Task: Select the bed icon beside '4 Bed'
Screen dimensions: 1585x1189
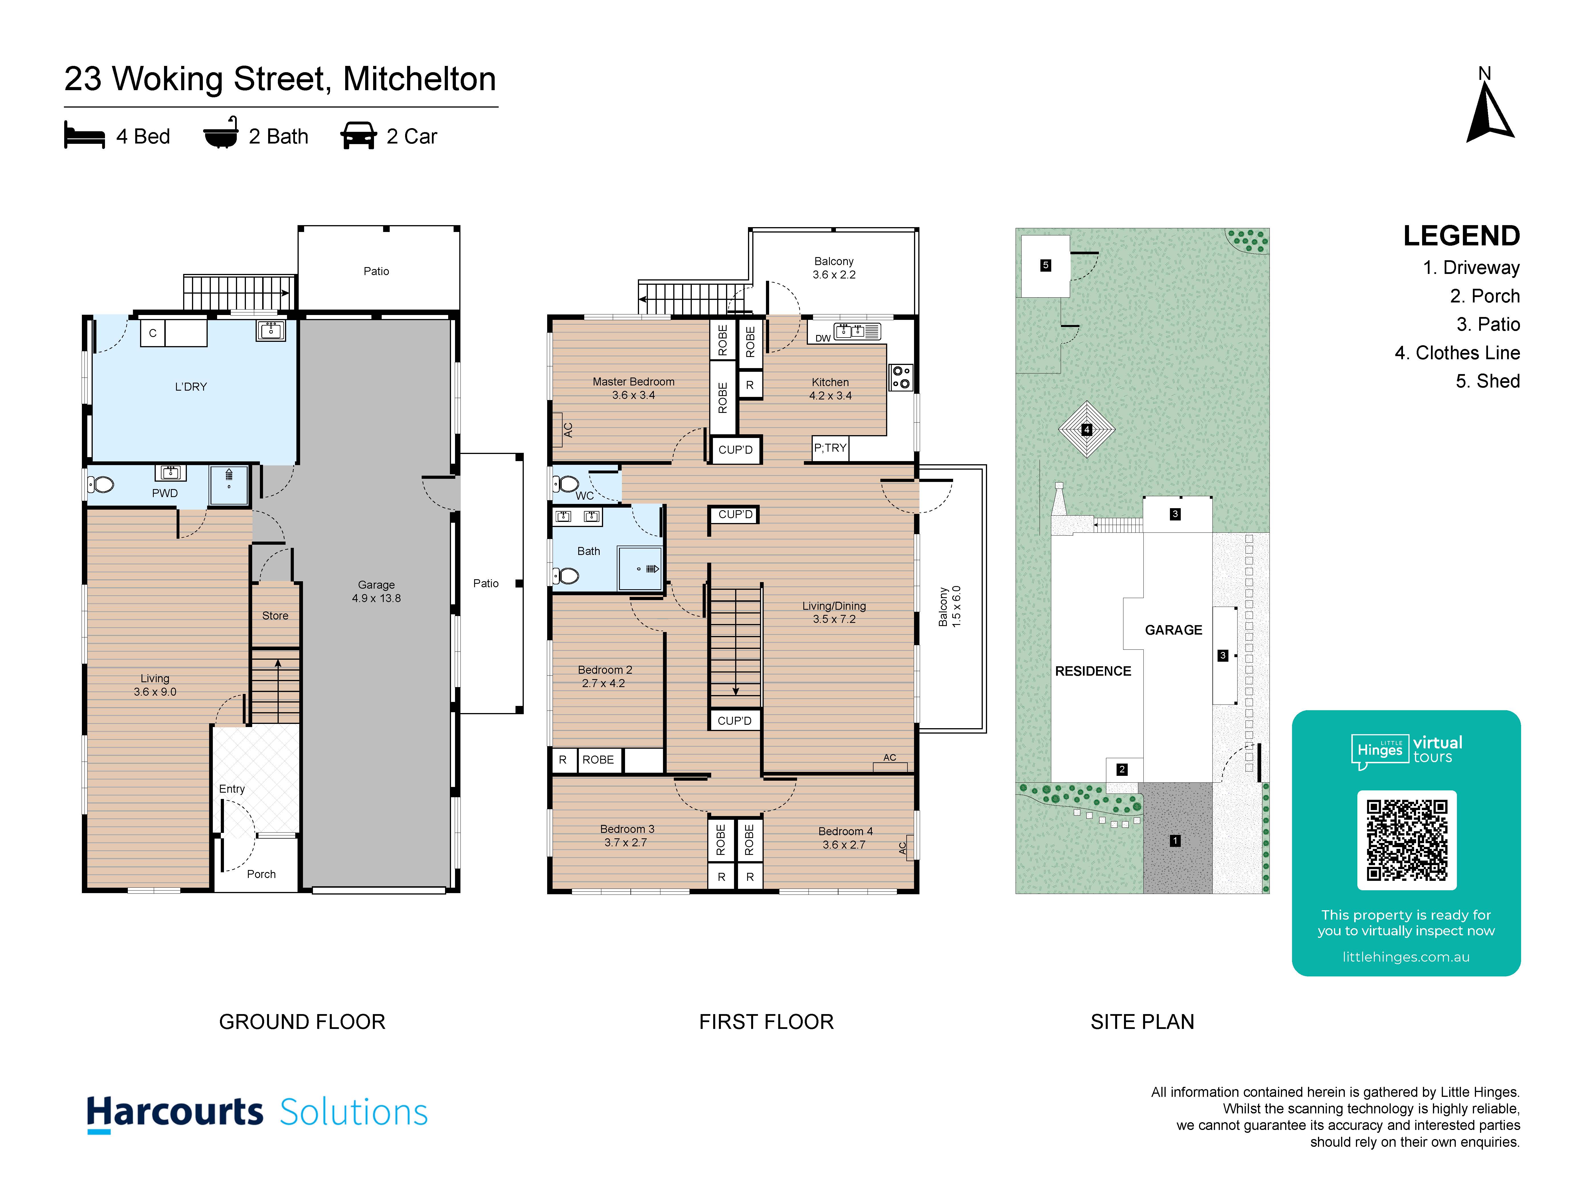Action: [84, 136]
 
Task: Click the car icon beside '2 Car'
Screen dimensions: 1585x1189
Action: [358, 136]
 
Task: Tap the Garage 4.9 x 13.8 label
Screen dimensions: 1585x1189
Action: [376, 591]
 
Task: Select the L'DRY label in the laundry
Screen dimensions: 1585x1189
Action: [191, 387]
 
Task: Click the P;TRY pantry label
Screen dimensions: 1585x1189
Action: [830, 448]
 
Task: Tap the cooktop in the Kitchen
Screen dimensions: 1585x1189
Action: [901, 377]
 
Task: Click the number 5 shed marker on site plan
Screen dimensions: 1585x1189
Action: [1046, 265]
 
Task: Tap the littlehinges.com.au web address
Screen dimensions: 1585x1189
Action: [1406, 957]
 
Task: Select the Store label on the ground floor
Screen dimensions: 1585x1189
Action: [275, 616]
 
